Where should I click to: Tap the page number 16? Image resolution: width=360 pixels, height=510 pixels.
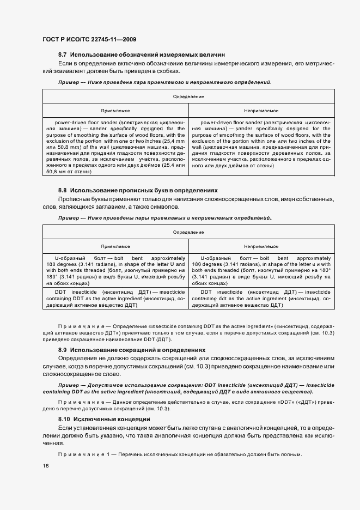45,466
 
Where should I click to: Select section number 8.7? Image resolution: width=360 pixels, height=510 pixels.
62,55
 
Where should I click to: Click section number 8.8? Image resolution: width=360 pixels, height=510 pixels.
62,191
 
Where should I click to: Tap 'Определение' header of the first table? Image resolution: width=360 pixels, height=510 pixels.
188,96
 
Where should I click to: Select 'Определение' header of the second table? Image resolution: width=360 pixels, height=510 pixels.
188,233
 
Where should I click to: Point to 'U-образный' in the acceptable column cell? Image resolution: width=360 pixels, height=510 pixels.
71,258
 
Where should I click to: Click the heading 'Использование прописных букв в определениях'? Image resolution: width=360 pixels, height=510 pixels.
144,191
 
